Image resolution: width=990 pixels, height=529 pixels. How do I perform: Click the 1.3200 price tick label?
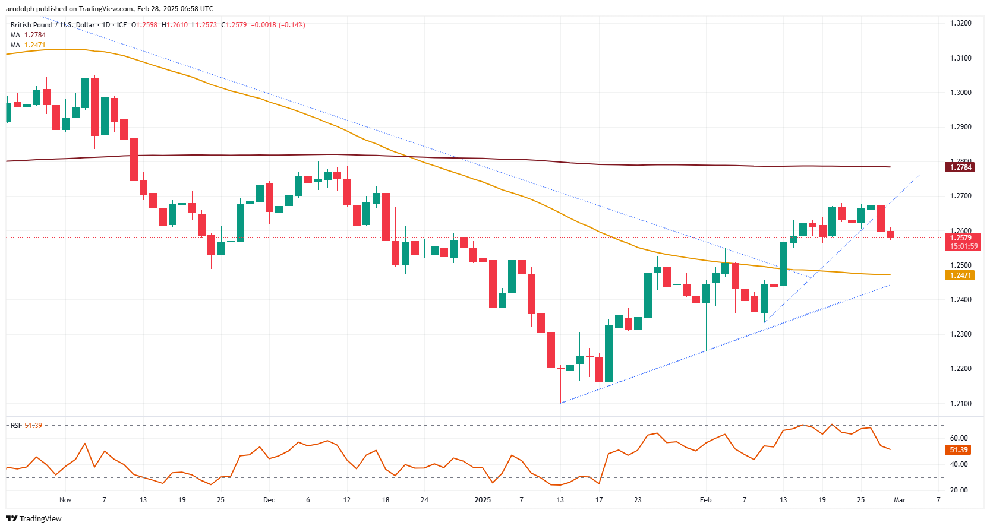click(x=960, y=23)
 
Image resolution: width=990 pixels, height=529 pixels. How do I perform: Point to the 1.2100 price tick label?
click(x=960, y=404)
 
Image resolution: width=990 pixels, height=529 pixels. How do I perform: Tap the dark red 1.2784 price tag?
click(x=960, y=167)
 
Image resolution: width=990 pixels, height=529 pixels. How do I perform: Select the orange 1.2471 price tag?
click(x=960, y=275)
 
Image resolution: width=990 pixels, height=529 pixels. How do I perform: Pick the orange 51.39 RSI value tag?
click(x=959, y=450)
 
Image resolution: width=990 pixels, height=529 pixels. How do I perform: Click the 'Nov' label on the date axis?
click(x=65, y=500)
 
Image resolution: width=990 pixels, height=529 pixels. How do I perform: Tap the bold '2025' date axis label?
click(x=483, y=500)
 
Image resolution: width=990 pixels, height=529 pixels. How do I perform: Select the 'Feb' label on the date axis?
click(x=705, y=500)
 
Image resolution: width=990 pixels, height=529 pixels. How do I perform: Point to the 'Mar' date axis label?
click(x=900, y=500)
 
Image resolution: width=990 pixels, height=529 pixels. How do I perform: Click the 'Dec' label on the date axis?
click(x=269, y=500)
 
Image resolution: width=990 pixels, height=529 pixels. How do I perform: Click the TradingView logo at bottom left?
click(x=34, y=518)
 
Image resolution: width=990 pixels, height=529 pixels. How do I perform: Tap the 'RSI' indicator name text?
click(x=15, y=426)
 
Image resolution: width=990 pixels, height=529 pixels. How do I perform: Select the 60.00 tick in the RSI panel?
click(x=959, y=438)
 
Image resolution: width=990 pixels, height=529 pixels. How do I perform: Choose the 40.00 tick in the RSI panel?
click(x=959, y=464)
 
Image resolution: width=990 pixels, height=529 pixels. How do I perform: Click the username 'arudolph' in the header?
click(x=21, y=9)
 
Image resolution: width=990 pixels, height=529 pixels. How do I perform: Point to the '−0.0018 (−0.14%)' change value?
click(x=278, y=25)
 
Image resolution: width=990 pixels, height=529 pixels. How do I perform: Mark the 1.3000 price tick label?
click(x=960, y=93)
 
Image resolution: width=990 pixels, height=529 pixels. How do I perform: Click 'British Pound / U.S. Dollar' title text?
click(x=53, y=25)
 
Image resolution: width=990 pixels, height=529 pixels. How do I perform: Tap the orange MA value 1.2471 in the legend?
click(x=34, y=45)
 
